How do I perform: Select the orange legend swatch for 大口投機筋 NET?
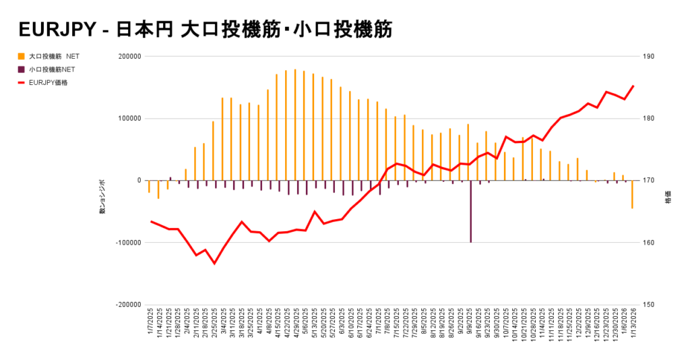tap(22, 56)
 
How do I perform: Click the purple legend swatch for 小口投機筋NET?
tap(22, 69)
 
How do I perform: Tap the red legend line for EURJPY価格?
tap(22, 83)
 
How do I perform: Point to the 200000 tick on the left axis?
tap(128, 57)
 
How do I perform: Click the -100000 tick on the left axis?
tap(127, 243)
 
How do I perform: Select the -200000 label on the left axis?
tap(127, 305)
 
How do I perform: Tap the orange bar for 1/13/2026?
tap(632, 195)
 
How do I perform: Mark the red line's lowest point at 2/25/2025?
tap(215, 264)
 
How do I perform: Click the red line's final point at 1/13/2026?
tap(633, 86)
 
